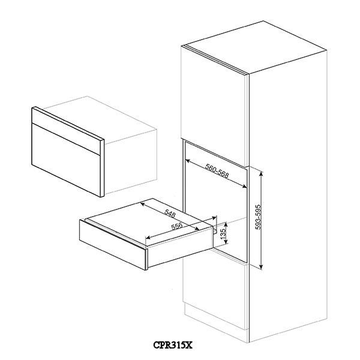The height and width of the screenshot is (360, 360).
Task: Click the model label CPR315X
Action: click(173, 345)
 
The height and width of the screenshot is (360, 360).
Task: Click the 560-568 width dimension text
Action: click(217, 171)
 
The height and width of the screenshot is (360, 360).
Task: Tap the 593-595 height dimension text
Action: click(258, 217)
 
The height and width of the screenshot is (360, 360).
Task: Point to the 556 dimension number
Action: click(177, 226)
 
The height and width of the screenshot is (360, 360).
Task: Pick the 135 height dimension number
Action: click(223, 233)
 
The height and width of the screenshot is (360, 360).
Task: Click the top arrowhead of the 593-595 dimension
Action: click(260, 173)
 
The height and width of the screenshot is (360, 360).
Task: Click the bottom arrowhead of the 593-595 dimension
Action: click(260, 266)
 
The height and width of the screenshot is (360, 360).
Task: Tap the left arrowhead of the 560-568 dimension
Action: click(187, 161)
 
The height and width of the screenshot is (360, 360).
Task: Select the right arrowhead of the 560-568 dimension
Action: click(245, 187)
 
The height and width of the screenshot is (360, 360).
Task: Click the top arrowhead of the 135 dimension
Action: click(226, 224)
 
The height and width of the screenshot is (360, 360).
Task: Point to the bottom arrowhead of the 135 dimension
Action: click(226, 242)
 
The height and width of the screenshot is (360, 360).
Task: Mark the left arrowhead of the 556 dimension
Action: click(148, 237)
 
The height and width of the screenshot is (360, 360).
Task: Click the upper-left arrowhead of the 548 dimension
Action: click(142, 204)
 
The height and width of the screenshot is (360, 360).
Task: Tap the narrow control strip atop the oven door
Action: click(66, 131)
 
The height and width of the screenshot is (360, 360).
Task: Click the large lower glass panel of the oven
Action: click(66, 160)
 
